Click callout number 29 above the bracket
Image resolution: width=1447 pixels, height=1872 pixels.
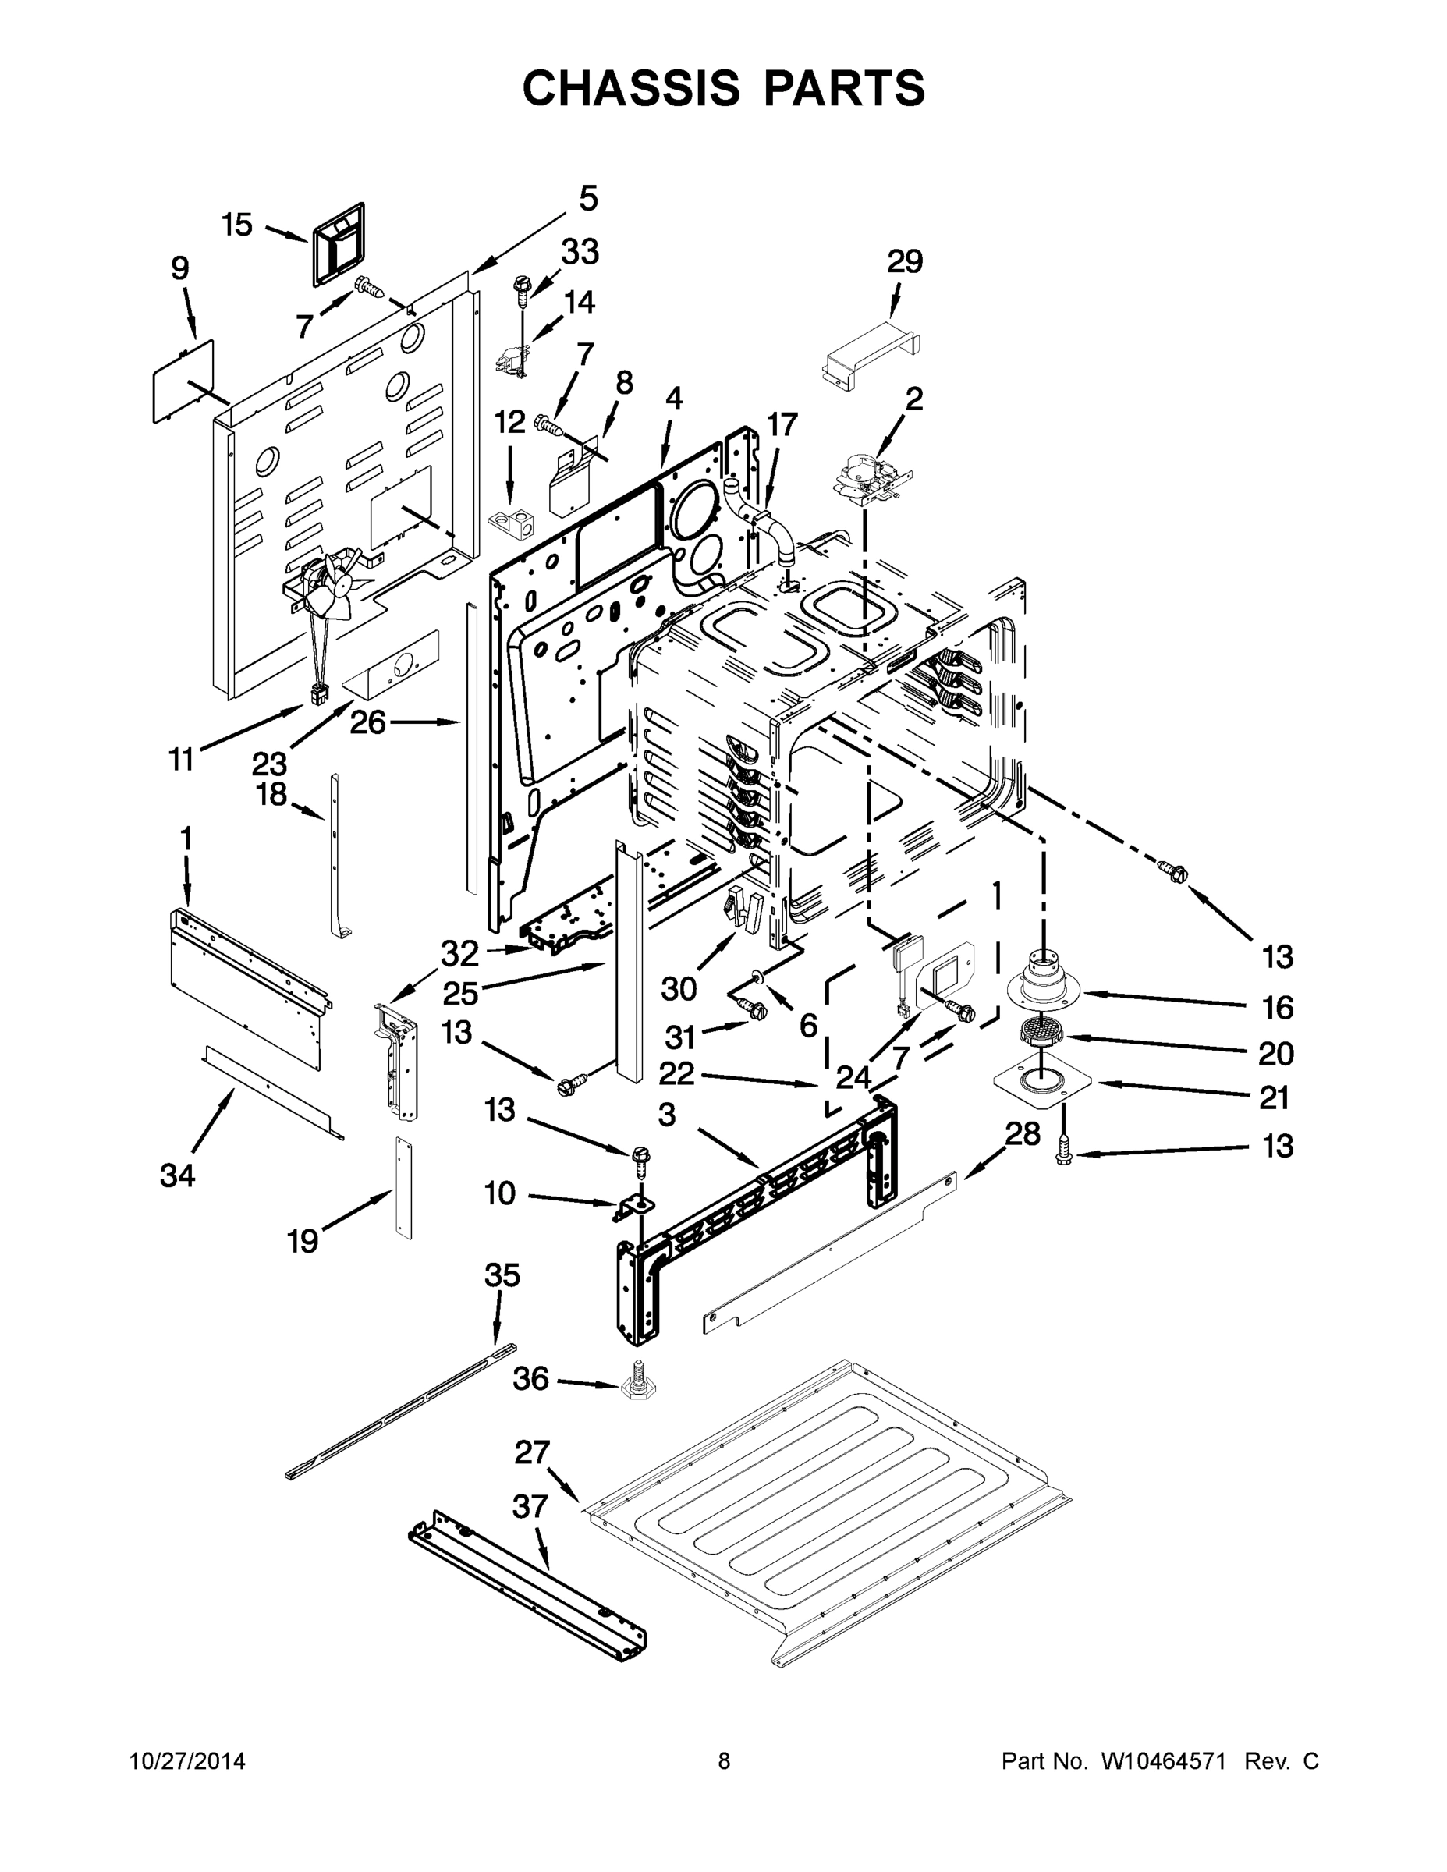904,261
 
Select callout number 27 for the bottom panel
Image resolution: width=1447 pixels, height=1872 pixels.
531,1452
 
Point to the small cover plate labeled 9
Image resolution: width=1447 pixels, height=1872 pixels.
182,381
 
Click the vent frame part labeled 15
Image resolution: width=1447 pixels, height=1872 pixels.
337,243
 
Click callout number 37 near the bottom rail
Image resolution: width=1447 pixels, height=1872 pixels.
530,1506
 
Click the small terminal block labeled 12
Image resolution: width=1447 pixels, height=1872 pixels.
512,520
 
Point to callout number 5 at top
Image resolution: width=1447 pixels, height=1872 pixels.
588,199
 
